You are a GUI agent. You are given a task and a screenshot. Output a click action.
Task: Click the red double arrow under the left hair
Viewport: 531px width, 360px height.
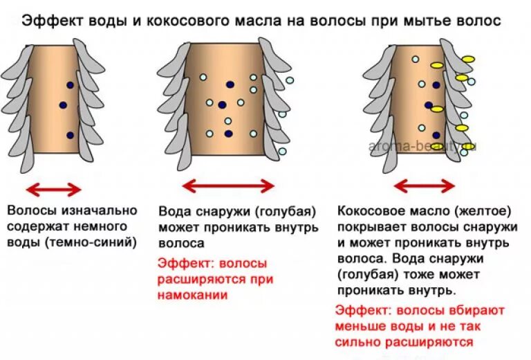point(53,189)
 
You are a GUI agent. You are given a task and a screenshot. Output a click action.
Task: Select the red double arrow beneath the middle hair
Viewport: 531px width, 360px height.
point(228,185)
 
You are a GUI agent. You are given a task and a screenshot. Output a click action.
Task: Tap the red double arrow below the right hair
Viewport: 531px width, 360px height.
point(424,186)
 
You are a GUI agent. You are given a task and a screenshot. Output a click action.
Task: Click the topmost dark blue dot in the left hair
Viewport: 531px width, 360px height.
point(70,84)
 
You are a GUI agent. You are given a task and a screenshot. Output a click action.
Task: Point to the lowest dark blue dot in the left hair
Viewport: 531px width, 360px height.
point(70,135)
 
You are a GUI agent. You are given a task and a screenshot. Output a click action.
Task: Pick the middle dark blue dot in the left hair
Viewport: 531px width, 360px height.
point(63,105)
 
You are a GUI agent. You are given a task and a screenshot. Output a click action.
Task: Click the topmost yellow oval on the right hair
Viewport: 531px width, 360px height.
point(469,59)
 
